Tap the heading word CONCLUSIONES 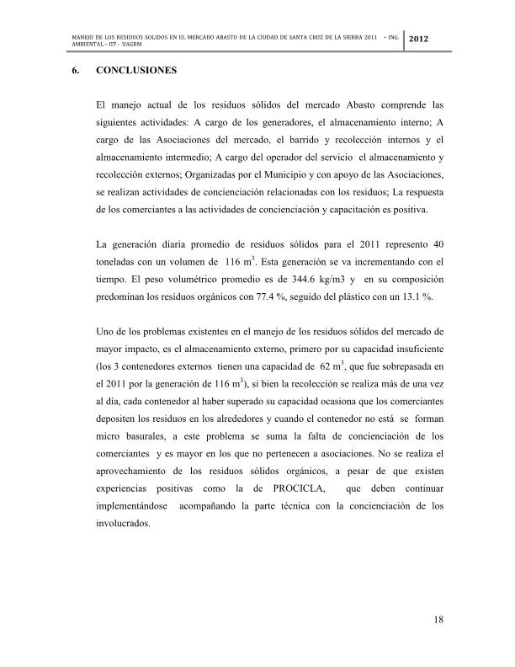click(x=137, y=71)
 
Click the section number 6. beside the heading click(x=76, y=71)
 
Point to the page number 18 click(x=438, y=621)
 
